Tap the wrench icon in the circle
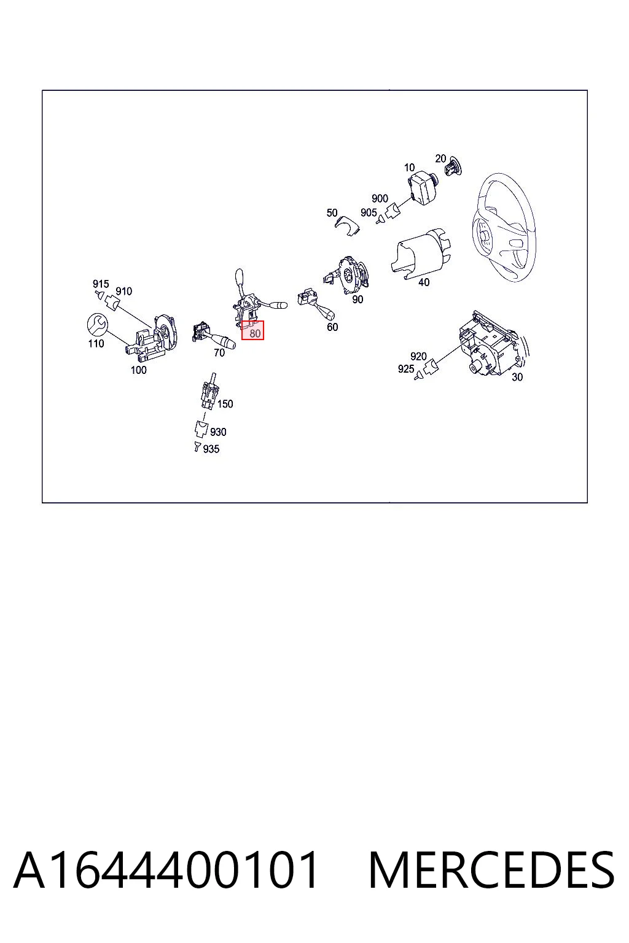(x=97, y=325)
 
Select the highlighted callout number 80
(x=255, y=333)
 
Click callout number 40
(x=424, y=282)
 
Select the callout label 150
(x=225, y=404)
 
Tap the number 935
(x=211, y=449)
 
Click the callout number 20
(x=440, y=159)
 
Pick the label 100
(x=139, y=370)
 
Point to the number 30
(x=517, y=377)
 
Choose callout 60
(x=332, y=327)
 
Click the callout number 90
(x=357, y=300)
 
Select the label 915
(x=101, y=284)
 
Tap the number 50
(x=332, y=213)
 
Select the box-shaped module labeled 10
(x=423, y=188)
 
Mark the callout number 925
(x=406, y=369)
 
